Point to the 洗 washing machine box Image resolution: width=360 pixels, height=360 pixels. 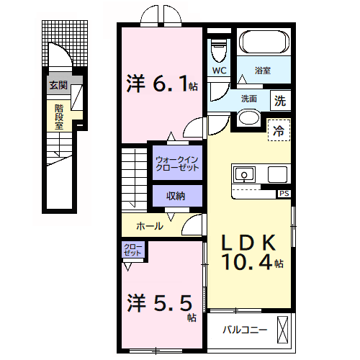tap(280, 101)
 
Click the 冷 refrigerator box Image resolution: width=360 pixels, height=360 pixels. tap(279, 131)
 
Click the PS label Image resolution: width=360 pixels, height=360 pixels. tap(285, 193)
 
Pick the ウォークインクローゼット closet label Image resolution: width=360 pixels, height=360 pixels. tap(176, 163)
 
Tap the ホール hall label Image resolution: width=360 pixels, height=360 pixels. tap(148, 226)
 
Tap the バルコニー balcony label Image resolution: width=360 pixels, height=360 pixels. tap(245, 330)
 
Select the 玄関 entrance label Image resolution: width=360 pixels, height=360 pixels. tap(58, 85)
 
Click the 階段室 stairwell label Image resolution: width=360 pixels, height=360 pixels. tap(59, 115)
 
